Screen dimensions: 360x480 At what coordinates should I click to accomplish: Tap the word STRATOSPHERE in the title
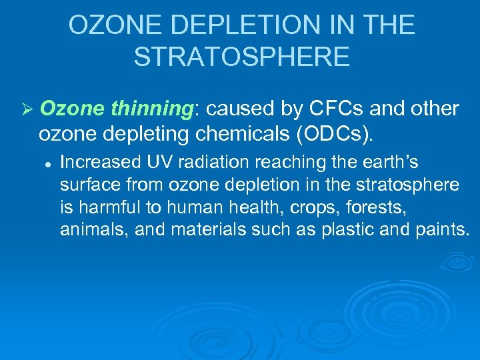pyautogui.click(x=241, y=57)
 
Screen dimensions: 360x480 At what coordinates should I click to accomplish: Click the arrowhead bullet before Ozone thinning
pyautogui.click(x=27, y=109)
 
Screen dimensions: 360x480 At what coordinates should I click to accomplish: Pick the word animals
pyautogui.click(x=89, y=230)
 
